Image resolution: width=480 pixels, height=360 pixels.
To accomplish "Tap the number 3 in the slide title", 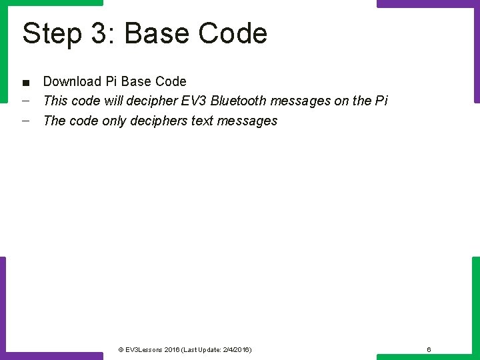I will [x=99, y=33].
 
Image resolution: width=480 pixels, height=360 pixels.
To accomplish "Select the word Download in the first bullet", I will [x=72, y=81].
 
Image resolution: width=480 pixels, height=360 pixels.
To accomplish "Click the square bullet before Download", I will [x=25, y=83].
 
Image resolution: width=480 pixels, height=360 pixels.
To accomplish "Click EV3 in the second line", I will [x=194, y=101].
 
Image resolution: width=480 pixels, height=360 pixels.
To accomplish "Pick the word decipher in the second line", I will [x=153, y=101].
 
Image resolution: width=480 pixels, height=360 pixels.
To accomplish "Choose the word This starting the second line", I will [x=55, y=101].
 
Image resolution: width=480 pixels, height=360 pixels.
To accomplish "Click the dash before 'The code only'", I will [x=25, y=121].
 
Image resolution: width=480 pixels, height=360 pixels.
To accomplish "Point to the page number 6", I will [x=429, y=349].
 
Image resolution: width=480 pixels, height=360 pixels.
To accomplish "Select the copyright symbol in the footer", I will [x=121, y=349].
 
